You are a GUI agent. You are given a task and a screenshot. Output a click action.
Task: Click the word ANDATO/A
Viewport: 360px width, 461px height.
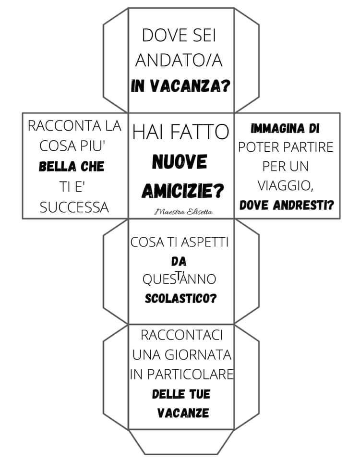pos(179,61)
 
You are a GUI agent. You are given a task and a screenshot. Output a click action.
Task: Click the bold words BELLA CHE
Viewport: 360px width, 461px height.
pos(72,167)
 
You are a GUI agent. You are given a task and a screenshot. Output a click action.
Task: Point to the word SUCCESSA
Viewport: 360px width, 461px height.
pos(74,207)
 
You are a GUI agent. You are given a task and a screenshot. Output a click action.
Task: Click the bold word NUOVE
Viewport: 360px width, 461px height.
pos(180,162)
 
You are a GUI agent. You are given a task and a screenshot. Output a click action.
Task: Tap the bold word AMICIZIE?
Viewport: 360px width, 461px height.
pos(182,191)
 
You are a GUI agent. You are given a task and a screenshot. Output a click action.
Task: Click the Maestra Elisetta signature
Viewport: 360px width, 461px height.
pos(184,212)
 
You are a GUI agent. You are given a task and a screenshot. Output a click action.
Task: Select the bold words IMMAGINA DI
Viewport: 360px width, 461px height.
pos(285,129)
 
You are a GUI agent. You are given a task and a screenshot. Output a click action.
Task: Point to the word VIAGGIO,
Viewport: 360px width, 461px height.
pos(285,185)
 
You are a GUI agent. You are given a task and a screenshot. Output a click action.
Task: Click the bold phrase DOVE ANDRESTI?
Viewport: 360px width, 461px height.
pos(287,205)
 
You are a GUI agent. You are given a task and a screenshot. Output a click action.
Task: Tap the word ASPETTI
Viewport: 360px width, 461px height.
pos(204,242)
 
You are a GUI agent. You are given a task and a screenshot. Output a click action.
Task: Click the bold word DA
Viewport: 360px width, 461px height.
pos(179,261)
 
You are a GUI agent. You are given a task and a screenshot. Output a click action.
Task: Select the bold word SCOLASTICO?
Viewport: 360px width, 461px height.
pos(181,298)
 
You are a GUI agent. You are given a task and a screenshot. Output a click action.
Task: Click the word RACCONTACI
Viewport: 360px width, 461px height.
pos(181,335)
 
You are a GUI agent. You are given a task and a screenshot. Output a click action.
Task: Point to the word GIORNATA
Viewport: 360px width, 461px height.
pos(198,354)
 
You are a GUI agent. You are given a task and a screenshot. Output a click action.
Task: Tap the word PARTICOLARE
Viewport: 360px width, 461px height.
pos(190,374)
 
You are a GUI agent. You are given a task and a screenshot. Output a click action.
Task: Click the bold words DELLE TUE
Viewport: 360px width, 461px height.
pos(181,394)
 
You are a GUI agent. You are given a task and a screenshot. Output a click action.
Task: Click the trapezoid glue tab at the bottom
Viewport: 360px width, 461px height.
pos(181,442)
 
